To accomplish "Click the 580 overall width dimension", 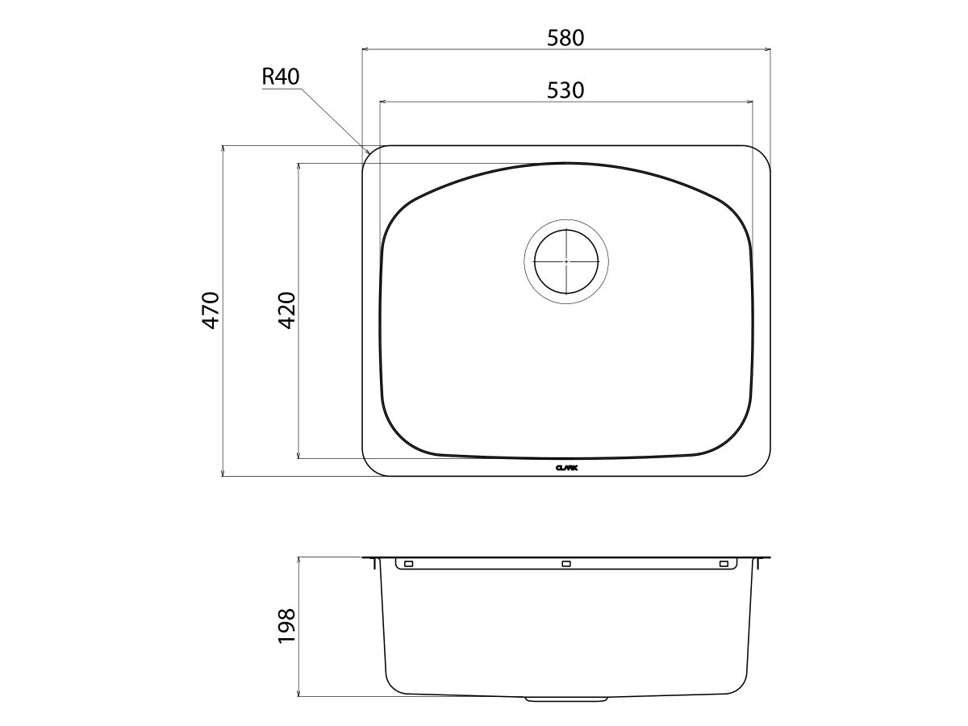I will pos(565,37).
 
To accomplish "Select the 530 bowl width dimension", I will pos(565,90).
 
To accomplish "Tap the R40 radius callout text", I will pos(281,77).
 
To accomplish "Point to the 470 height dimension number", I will pos(211,310).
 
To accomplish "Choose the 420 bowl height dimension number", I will pos(287,311).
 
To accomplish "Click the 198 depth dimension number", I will pos(287,626).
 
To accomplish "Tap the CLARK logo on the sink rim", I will pos(566,467).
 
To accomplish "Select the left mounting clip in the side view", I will pos(408,563).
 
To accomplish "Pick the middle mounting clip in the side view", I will pos(565,563).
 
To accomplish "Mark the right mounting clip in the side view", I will pos(723,563).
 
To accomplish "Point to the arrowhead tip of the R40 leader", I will pos(369,152).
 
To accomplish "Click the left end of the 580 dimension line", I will pos(361,49).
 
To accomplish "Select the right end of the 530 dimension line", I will pos(753,102).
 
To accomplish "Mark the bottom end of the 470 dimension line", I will pos(223,476).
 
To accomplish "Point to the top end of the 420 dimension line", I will pos(299,164).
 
